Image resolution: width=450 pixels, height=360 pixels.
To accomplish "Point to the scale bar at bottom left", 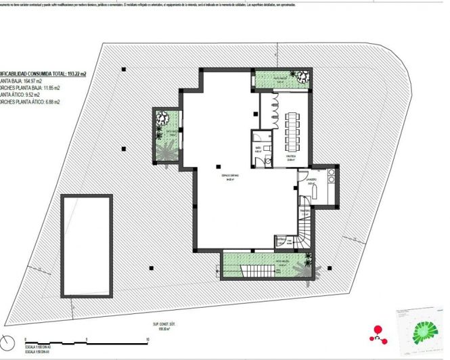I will click(x=85, y=340).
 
